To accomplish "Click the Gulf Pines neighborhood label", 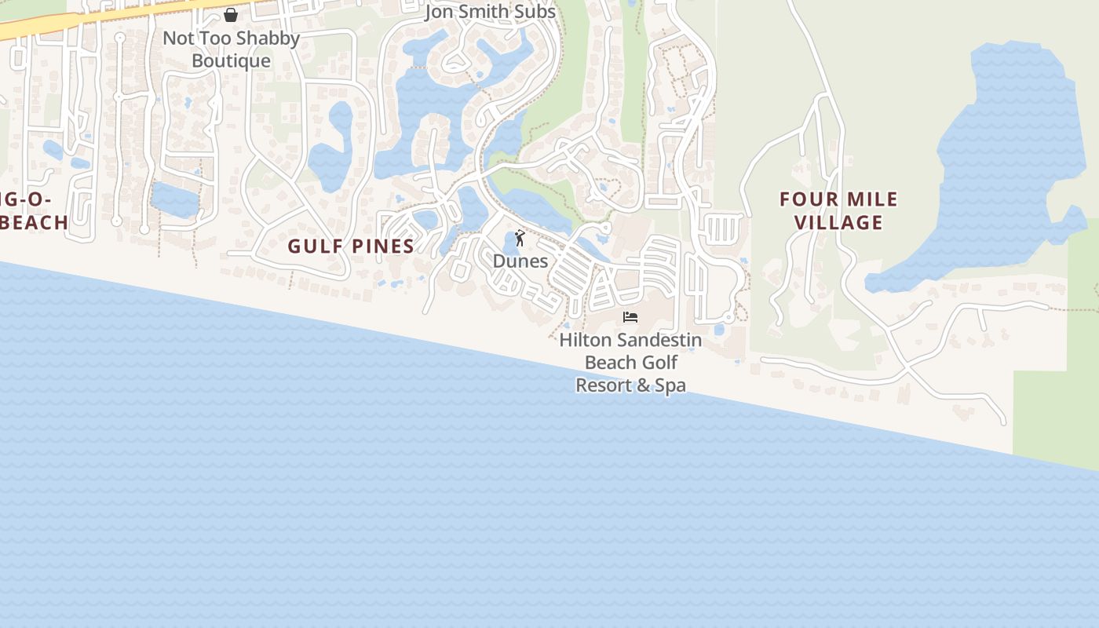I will point(351,246).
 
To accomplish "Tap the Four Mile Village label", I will point(838,210).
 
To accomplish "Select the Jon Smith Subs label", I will point(490,12).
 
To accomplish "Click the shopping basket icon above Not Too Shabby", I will point(231,15).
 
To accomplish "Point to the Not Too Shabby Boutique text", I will point(231,49).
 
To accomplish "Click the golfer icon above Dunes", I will point(520,238).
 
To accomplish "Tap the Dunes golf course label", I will point(520,261).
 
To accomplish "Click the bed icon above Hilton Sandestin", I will point(630,317).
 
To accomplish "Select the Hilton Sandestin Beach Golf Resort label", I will point(630,363).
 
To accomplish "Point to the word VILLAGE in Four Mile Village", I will point(838,223).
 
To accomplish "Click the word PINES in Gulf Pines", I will point(382,246).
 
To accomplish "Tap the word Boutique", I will point(231,61).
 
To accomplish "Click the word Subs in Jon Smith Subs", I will point(535,12).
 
